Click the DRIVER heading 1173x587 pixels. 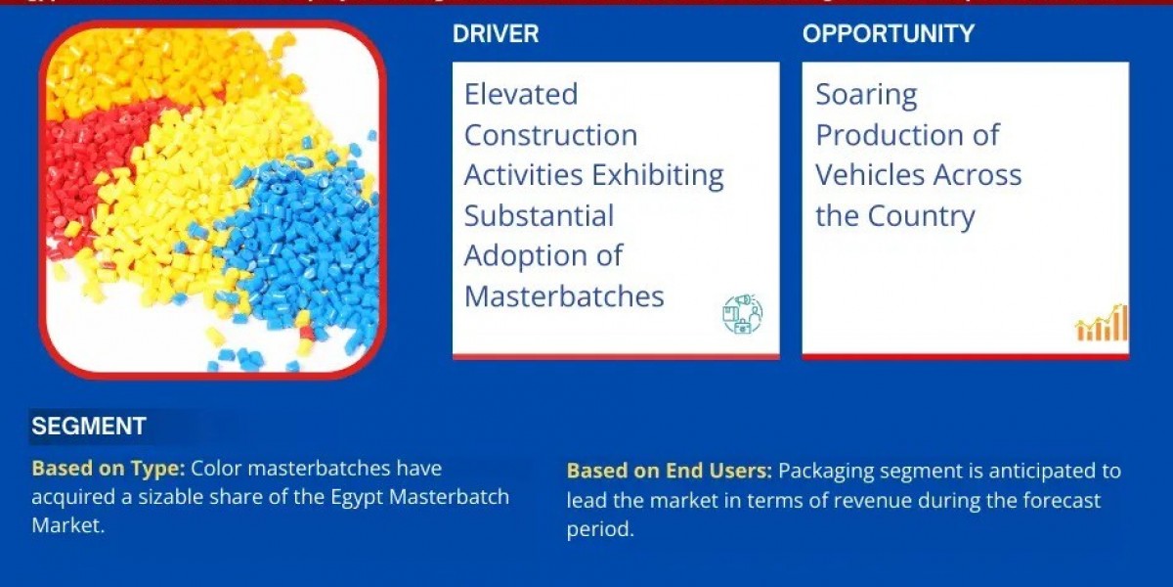tap(496, 34)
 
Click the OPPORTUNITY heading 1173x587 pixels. tap(889, 34)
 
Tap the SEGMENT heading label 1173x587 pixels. tap(89, 427)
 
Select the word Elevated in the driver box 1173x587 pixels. tap(521, 95)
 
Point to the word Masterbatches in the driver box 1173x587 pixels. tap(564, 296)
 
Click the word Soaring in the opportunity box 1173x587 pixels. tap(867, 95)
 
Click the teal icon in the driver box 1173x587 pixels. tap(743, 314)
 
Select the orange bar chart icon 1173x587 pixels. tap(1102, 324)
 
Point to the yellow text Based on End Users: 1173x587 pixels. tap(670, 472)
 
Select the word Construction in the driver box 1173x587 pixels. tap(550, 135)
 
